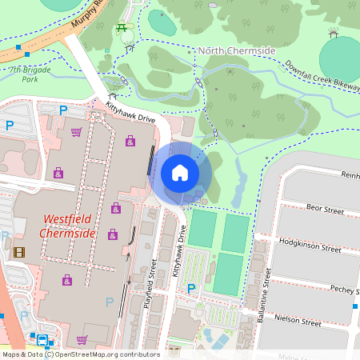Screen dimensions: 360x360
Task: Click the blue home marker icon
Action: [x=180, y=172]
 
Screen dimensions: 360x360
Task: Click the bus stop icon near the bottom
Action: [x=42, y=338]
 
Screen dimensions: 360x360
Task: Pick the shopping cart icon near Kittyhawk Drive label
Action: [x=76, y=131]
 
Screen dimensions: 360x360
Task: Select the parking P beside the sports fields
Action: [x=190, y=288]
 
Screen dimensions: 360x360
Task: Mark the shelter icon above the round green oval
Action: [x=334, y=33]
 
